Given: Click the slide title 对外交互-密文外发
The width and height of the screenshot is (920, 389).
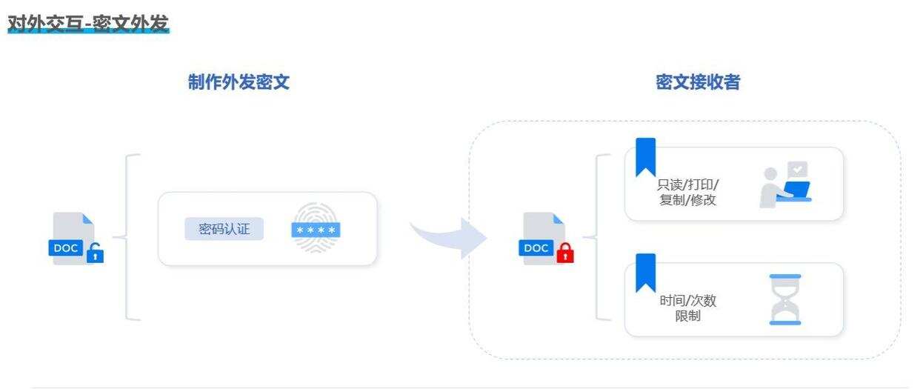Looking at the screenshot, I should pos(89,24).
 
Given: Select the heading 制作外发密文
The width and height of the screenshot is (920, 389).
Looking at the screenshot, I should pos(238,83).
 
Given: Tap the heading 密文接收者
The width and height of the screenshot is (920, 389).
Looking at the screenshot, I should pos(697,83).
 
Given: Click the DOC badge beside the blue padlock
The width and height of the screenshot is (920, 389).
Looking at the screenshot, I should pos(66,247).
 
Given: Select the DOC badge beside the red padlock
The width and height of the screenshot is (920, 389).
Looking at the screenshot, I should pos(536,247).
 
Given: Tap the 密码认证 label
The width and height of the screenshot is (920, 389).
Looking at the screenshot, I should pos(224,229).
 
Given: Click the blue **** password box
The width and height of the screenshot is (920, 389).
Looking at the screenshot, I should pos(316,230).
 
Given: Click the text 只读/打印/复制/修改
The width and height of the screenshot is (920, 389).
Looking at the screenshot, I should pos(687,192).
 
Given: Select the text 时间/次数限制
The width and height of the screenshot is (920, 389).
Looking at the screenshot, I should pos(687,308).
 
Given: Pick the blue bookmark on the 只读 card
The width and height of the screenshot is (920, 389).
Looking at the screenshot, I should pos(645,156).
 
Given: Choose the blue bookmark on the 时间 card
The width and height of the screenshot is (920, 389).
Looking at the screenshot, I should pos(645,272).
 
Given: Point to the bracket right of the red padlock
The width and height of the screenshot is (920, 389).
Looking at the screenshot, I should pos(595,237).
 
